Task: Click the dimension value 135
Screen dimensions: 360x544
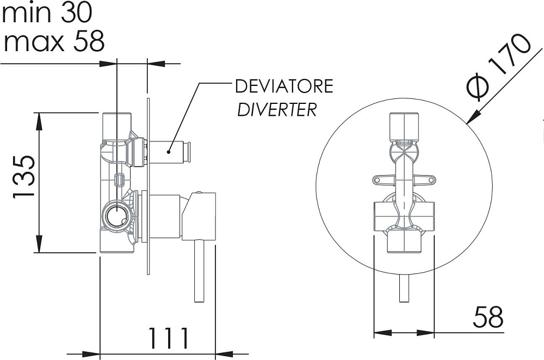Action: [24, 177]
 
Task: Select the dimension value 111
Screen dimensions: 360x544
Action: [169, 338]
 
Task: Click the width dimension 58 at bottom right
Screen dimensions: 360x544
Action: [488, 316]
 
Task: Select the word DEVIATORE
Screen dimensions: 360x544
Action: [283, 86]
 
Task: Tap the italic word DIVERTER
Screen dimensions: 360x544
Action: [276, 110]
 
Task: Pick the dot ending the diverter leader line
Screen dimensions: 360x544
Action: [170, 153]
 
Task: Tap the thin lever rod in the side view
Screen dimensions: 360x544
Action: [199, 272]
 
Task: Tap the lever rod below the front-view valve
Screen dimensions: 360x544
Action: [404, 287]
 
